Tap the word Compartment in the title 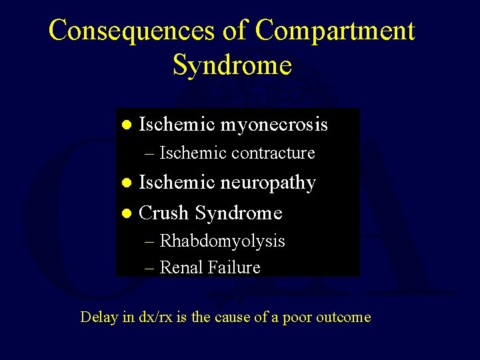click(335, 31)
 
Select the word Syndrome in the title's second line click(232, 65)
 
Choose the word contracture click(273, 153)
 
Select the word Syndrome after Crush click(239, 213)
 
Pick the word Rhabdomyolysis click(222, 241)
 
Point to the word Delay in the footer click(98, 317)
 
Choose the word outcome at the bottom click(346, 317)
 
